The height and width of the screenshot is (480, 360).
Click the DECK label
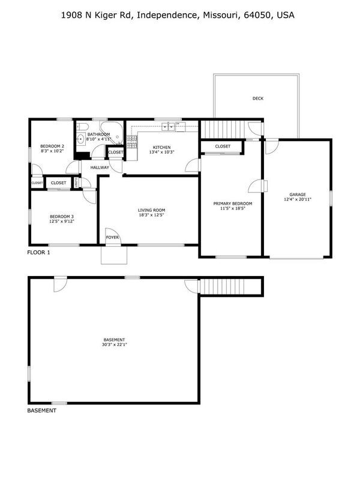pyautogui.click(x=258, y=98)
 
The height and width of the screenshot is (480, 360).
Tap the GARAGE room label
pyautogui.click(x=298, y=194)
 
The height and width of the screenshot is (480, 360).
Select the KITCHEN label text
pyautogui.click(x=161, y=147)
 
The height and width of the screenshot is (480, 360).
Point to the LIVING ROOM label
pyautogui.click(x=152, y=210)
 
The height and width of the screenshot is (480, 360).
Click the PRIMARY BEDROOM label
pyautogui.click(x=233, y=203)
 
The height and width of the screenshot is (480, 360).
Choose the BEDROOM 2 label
pyautogui.click(x=52, y=146)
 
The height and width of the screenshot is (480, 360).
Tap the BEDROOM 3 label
pyautogui.click(x=62, y=217)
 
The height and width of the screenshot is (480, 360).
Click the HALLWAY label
pyautogui.click(x=100, y=167)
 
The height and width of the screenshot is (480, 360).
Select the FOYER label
pyautogui.click(x=112, y=237)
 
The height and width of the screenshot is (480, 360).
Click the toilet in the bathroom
pyautogui.click(x=82, y=127)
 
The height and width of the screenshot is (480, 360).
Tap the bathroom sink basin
pyautogui.click(x=80, y=139)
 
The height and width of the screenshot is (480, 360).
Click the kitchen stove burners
pyautogui.click(x=131, y=142)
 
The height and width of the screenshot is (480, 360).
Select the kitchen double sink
pyautogui.click(x=169, y=126)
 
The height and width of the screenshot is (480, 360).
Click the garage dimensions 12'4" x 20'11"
pyautogui.click(x=298, y=199)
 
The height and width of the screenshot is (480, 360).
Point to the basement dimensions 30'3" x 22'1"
pyautogui.click(x=115, y=344)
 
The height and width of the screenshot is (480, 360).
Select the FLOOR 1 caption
pyautogui.click(x=38, y=253)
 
